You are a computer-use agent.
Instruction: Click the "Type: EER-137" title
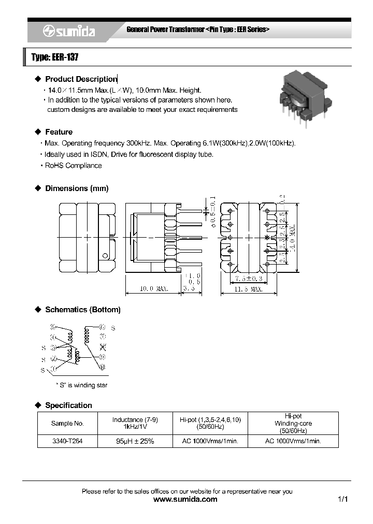pos(55,57)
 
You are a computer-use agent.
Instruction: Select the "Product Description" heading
pos(81,79)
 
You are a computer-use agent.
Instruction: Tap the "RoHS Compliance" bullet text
pos(73,166)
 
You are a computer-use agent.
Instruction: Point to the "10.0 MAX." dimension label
pos(154,289)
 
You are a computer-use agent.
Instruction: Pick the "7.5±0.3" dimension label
pos(249,279)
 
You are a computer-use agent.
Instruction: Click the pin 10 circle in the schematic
pos(102,327)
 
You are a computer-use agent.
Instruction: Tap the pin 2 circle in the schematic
pos(53,358)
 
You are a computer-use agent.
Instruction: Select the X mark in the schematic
pos(103,346)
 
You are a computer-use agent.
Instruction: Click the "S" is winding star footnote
pos(81,385)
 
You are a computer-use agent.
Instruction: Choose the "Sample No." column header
pos(67,424)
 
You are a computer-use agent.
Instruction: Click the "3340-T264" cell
pos(67,441)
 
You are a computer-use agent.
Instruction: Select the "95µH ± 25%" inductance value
pos(135,441)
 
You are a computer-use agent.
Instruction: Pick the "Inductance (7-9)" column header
pos(135,419)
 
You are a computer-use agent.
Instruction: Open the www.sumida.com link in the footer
pos(186,500)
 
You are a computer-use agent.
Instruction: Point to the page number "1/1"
pos(342,500)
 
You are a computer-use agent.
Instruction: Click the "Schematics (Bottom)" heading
pos(82,310)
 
